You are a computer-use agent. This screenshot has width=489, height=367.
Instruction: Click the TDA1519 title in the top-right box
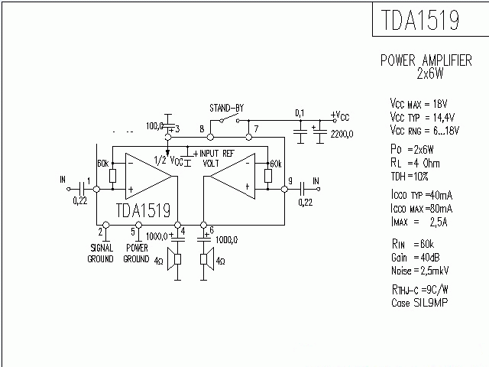pos(419,21)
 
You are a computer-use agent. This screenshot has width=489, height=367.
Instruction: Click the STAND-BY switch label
pos(226,107)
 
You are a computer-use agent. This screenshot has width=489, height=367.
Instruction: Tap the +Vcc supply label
pos(340,115)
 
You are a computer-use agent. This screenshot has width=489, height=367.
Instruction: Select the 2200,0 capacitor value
pos(342,134)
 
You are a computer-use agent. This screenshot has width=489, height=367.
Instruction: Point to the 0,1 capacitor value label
pos(300,113)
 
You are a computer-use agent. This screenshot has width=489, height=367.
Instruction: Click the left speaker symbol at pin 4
pos(178,261)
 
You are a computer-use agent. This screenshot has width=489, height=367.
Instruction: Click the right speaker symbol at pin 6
pos(205,261)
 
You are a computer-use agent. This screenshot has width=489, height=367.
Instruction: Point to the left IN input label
pos(62,180)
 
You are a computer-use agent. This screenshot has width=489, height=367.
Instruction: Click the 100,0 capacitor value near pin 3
pos(154,125)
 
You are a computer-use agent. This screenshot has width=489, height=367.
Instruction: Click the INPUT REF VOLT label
pos(221,158)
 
